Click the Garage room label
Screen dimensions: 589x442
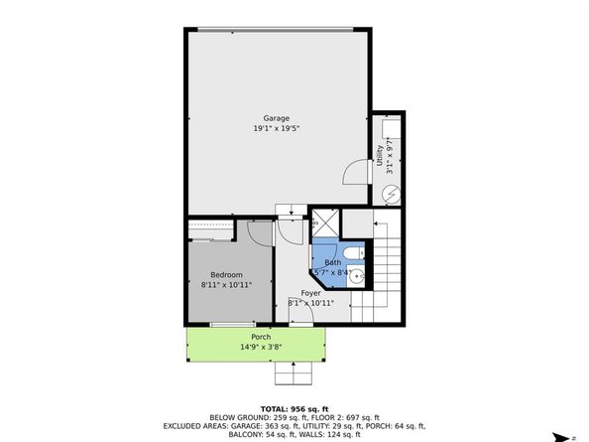[276, 118]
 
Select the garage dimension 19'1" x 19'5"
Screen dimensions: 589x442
[276, 128]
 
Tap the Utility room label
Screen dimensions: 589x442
[380, 155]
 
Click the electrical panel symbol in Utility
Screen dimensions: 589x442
[392, 195]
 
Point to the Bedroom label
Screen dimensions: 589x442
[226, 275]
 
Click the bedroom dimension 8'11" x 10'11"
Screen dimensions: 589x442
[226, 285]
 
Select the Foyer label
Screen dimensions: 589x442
[310, 293]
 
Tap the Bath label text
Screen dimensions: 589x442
[333, 262]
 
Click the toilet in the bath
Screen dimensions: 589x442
[354, 253]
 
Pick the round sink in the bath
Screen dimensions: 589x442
[355, 277]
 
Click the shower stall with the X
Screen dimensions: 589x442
[325, 223]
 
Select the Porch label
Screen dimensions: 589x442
[261, 337]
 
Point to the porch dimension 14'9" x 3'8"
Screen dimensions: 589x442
[261, 347]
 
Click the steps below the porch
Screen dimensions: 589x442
[294, 372]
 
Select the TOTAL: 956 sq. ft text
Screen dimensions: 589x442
[294, 409]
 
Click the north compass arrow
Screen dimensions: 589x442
[563, 437]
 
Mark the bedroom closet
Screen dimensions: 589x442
[211, 229]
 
